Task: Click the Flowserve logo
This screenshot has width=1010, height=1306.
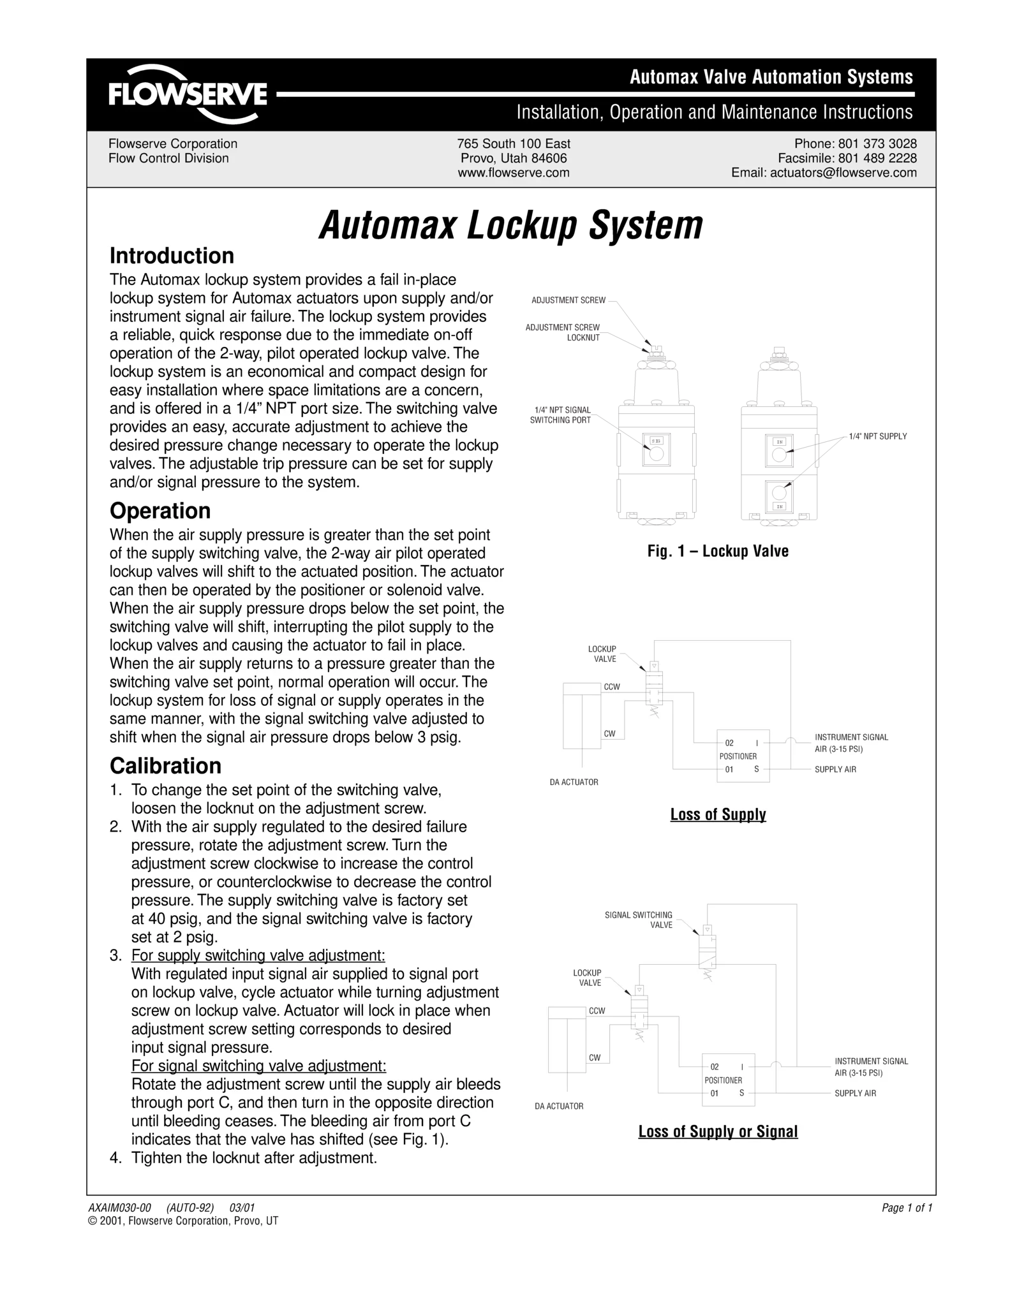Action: (x=188, y=94)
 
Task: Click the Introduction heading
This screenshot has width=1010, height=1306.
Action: (x=172, y=256)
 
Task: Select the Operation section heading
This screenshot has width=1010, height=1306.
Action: (x=160, y=511)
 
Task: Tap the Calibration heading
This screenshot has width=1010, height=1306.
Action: (x=165, y=766)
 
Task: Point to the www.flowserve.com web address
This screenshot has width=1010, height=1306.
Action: (x=514, y=173)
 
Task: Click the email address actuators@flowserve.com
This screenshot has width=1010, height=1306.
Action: (x=824, y=173)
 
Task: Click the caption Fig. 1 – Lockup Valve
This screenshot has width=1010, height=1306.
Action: (x=718, y=552)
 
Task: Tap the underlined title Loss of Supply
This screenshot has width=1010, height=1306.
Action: (x=718, y=814)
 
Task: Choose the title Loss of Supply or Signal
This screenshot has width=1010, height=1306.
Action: (x=718, y=1131)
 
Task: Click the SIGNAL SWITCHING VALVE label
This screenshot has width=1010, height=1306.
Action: (x=639, y=920)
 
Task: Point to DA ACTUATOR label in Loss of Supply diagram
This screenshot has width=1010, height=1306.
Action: (x=574, y=782)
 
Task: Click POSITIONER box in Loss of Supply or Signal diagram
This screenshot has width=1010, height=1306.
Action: (x=728, y=1080)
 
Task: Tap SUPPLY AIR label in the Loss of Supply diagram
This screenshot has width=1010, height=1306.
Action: (x=835, y=770)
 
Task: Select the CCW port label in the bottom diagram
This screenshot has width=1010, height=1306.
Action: (x=597, y=1011)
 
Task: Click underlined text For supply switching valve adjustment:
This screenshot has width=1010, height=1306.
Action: (x=258, y=955)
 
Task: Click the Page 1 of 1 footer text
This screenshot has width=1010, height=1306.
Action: (x=907, y=1208)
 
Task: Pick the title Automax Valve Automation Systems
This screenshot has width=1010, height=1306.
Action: (x=771, y=77)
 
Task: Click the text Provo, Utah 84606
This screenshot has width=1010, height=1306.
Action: (x=514, y=158)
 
